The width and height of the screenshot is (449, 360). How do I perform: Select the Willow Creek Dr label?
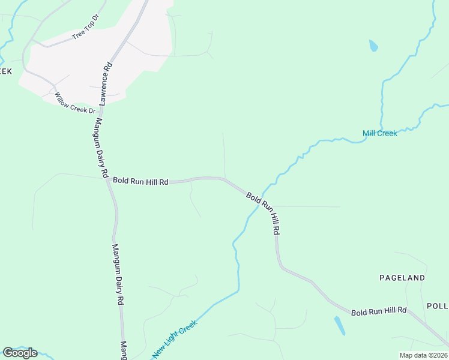[75, 103]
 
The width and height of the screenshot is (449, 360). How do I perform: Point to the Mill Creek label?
[379, 133]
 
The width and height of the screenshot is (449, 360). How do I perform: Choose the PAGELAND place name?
[402, 278]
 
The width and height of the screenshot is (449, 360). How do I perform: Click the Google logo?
[20, 353]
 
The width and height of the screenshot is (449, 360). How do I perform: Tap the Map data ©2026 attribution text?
[423, 355]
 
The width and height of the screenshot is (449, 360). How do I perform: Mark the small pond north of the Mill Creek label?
[373, 46]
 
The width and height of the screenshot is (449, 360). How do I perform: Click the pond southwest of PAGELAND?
[339, 325]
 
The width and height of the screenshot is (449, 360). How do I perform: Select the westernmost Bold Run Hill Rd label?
[140, 181]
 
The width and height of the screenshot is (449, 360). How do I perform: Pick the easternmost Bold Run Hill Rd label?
[379, 311]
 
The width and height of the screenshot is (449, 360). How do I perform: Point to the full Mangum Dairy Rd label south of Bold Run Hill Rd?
[118, 275]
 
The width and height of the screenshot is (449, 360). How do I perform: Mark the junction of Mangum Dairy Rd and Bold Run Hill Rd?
[107, 179]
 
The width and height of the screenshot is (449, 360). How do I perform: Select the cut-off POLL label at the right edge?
[438, 305]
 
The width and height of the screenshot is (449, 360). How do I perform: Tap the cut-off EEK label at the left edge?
[6, 71]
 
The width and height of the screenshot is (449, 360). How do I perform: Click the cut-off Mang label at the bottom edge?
[124, 351]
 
